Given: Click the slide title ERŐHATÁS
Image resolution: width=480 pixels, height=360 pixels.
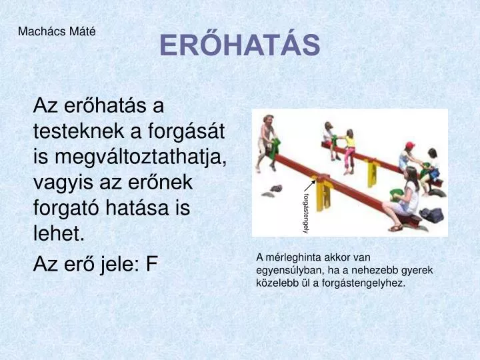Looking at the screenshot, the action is tap(240, 45).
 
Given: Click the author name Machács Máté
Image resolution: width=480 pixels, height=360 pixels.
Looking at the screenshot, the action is tap(57, 31).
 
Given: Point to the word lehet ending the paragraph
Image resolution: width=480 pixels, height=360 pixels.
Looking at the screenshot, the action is tap(59, 233).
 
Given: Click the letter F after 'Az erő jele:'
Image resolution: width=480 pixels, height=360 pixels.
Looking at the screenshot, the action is tap(151, 264).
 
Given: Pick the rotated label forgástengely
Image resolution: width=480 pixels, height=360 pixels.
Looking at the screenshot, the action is tap(305, 213).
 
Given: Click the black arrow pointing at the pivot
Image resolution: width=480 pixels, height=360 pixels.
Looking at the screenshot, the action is tap(309, 185).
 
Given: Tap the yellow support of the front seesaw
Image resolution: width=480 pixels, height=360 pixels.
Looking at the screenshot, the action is tap(323, 195).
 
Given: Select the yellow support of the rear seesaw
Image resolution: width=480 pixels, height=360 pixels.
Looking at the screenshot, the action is tap(372, 173).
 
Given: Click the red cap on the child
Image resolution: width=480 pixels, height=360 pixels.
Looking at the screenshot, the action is tap(409, 145).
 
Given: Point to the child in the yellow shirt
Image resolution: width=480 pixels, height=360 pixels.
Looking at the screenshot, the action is tap(349, 151).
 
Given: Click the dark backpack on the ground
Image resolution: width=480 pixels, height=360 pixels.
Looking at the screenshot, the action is tap(431, 215).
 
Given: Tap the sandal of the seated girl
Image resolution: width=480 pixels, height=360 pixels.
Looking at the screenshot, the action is tap(395, 228).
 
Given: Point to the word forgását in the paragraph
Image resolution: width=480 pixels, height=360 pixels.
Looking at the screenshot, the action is tap(187, 131).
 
